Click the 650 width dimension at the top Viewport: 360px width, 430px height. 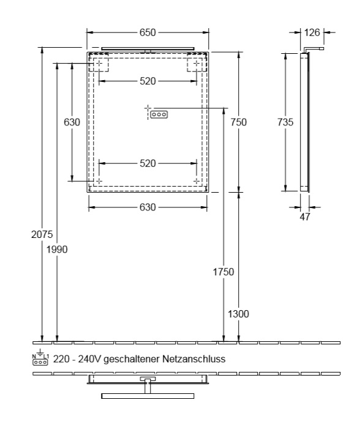[x=148, y=32]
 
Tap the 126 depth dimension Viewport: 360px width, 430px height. [x=312, y=32]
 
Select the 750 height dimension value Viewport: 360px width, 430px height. [x=238, y=122]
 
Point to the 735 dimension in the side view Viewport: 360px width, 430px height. [x=285, y=122]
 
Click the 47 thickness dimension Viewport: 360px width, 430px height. [x=305, y=217]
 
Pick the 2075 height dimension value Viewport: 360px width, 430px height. [x=42, y=234]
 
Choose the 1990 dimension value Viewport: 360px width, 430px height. [x=57, y=250]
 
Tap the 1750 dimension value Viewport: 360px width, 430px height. [x=223, y=272]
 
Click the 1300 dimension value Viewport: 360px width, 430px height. [x=238, y=314]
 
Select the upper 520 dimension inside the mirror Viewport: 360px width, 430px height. [x=148, y=81]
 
